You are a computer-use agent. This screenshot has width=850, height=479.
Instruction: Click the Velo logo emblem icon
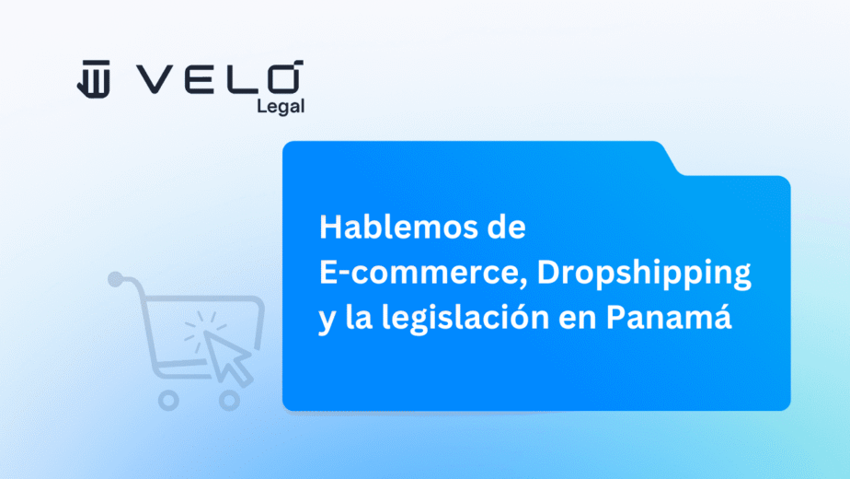click(94, 79)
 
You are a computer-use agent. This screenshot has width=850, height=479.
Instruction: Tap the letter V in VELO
click(154, 79)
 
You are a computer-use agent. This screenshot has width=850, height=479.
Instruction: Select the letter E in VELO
click(199, 79)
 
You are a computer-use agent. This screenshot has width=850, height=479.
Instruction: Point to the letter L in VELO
click(240, 79)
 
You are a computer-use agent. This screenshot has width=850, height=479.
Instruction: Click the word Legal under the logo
click(281, 106)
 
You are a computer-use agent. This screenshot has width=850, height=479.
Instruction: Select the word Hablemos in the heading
click(398, 227)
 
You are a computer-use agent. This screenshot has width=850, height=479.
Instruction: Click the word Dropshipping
click(644, 275)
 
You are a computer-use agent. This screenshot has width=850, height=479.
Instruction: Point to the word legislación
click(465, 318)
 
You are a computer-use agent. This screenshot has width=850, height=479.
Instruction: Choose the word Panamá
click(669, 315)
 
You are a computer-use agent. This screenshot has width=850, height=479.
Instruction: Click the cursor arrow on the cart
click(228, 356)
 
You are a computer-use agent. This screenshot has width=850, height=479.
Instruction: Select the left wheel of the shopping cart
click(168, 401)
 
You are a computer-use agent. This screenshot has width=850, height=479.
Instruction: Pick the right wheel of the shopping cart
click(229, 401)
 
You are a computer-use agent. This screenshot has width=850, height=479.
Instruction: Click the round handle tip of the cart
click(116, 279)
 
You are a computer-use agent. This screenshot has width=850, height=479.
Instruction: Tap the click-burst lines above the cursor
click(204, 325)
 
